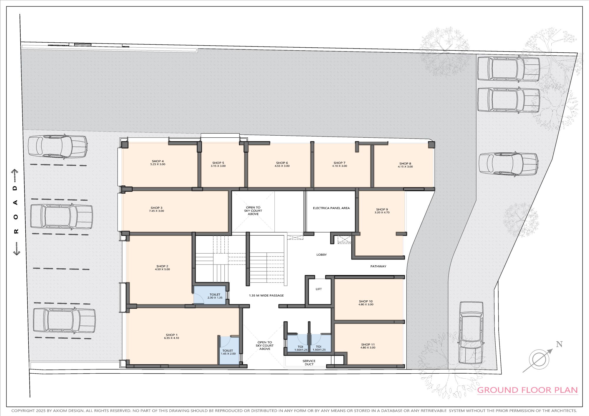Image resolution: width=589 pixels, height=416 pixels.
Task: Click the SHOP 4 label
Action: click(158, 161)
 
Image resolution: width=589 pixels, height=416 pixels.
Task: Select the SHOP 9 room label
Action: click(382, 209)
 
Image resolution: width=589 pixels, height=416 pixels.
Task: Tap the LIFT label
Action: click(319, 289)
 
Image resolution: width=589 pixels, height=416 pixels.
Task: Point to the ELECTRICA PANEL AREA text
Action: click(331, 208)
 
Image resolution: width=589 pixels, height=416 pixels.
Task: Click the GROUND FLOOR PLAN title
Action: click(527, 390)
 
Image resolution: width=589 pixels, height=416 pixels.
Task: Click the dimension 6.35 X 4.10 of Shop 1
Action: click(172, 338)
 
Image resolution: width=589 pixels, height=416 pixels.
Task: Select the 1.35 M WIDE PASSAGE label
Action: click(267, 295)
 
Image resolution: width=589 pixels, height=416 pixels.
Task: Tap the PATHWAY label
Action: click(378, 266)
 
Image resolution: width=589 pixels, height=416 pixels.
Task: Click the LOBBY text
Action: click(322, 255)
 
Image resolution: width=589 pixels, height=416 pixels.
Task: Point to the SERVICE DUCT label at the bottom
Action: click(309, 363)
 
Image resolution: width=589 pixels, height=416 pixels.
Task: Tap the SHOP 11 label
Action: click(368, 345)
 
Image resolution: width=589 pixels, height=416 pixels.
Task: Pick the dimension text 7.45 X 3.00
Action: click(157, 211)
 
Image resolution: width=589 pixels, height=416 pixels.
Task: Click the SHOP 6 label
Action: click(282, 163)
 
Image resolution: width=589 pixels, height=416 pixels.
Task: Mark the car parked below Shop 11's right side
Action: click(471, 332)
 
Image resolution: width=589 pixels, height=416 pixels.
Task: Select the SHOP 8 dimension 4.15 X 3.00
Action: click(405, 167)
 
